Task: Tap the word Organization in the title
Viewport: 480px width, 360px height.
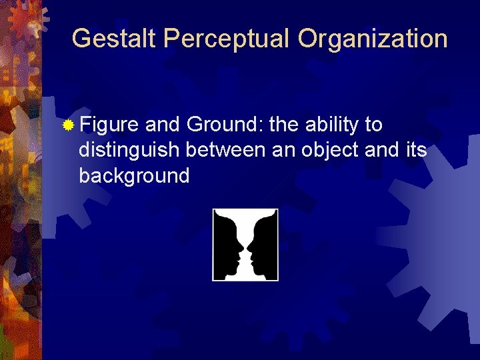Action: click(x=373, y=39)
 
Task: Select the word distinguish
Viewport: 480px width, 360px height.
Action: click(x=129, y=151)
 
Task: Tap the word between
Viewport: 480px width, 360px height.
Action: click(x=226, y=150)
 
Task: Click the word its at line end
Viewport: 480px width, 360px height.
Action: click(x=416, y=150)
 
